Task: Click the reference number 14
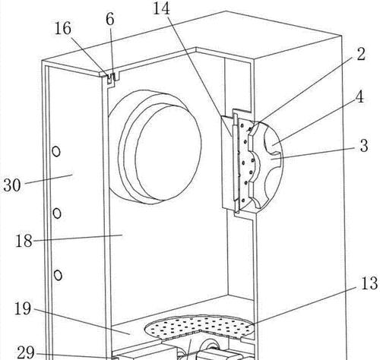162,8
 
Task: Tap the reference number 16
63,28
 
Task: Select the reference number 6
110,19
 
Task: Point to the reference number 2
361,54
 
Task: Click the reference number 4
359,96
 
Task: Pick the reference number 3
364,146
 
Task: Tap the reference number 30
12,185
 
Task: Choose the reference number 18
24,241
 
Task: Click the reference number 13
369,283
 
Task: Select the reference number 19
23,308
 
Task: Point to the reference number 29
26,352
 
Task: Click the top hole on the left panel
56,152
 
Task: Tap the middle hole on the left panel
57,213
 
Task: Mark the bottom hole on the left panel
58,275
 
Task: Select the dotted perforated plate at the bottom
199,327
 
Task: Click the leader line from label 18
78,238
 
